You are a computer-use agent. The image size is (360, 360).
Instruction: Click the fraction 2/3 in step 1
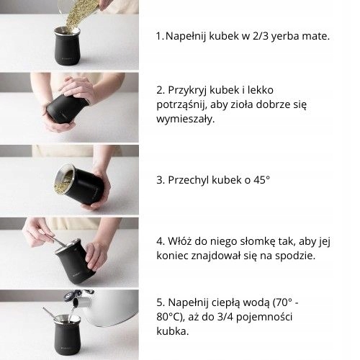(261, 36)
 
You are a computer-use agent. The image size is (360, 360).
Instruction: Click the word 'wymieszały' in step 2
(184, 120)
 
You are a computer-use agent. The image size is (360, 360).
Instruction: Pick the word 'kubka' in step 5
(171, 331)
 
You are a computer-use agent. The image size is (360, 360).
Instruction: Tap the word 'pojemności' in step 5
(264, 318)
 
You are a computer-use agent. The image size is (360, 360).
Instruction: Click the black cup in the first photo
(67, 47)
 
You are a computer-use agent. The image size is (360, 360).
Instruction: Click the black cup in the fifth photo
(68, 337)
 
